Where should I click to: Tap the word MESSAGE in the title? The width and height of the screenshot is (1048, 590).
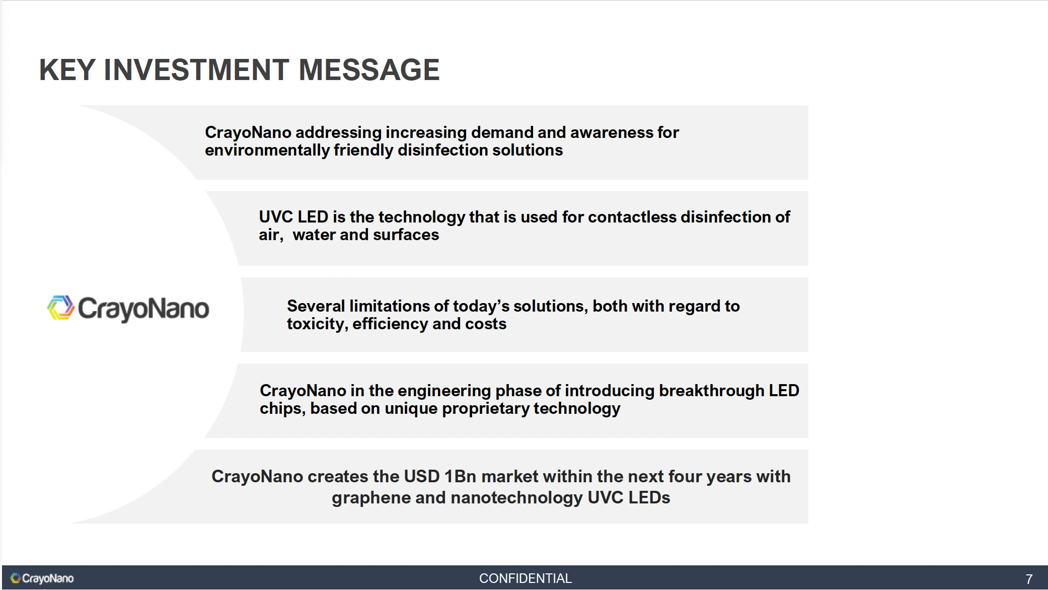(x=369, y=69)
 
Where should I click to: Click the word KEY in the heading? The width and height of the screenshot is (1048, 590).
(x=67, y=69)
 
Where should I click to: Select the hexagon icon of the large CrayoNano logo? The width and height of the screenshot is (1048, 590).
(x=61, y=308)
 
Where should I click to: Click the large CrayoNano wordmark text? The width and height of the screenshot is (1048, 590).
(x=143, y=309)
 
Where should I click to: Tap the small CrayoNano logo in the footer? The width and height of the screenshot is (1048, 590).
(x=42, y=578)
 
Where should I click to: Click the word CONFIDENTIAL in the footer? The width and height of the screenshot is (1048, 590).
(x=525, y=578)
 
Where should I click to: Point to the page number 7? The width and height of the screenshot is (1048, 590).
(x=1029, y=579)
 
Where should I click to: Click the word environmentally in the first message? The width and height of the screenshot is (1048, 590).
(x=267, y=151)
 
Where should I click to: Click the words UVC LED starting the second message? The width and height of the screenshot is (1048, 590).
(x=293, y=217)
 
